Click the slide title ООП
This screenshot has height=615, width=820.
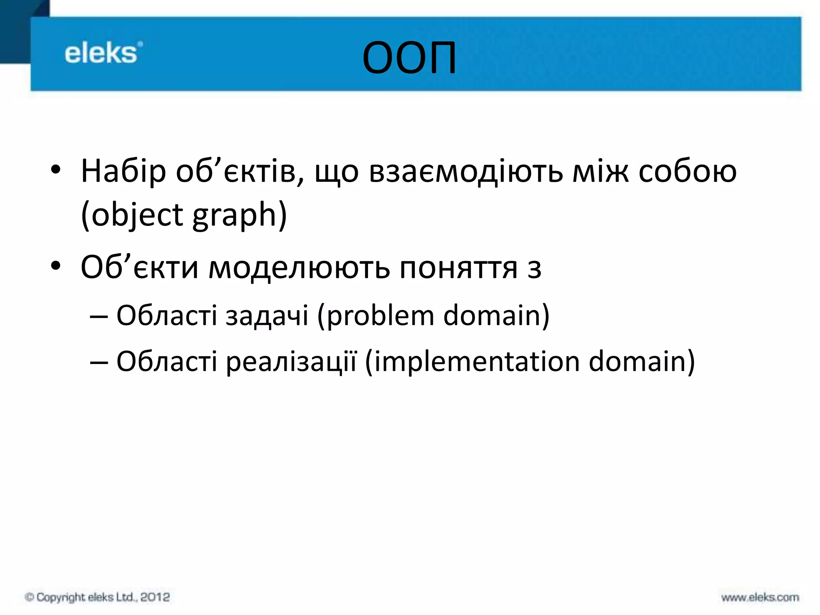[x=409, y=58]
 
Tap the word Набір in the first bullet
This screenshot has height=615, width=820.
[x=123, y=171]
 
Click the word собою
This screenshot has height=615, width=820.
[x=687, y=171]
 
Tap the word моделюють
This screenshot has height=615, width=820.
[x=299, y=268]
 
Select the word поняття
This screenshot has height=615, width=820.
[x=459, y=268]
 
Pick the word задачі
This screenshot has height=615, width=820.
[x=267, y=316]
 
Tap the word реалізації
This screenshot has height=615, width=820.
[x=291, y=362]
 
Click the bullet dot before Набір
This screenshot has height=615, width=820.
[x=56, y=170]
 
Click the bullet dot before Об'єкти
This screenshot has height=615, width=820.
[x=56, y=266]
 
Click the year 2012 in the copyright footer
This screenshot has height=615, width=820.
[x=155, y=597]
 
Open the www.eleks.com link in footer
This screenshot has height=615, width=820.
[x=760, y=598]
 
